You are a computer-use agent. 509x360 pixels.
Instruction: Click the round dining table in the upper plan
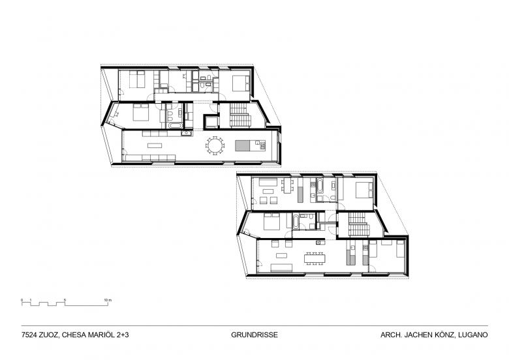pyautogui.click(x=215, y=145)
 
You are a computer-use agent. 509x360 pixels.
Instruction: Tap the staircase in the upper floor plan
pyautogui.click(x=240, y=115)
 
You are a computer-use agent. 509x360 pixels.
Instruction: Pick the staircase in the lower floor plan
pyautogui.click(x=359, y=224)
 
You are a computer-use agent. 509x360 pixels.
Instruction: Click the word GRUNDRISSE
pyautogui.click(x=254, y=335)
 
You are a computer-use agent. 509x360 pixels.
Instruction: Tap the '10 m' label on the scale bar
pyautogui.click(x=108, y=300)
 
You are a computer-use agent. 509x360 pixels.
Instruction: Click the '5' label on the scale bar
pyautogui.click(x=65, y=300)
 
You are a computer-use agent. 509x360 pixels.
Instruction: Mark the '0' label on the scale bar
pyautogui.click(x=22, y=300)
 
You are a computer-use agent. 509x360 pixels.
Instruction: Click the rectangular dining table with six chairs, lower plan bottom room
pyautogui.click(x=315, y=258)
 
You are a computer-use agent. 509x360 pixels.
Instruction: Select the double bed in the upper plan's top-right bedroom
pyautogui.click(x=241, y=83)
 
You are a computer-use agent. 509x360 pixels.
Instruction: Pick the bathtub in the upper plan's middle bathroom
pyautogui.click(x=174, y=125)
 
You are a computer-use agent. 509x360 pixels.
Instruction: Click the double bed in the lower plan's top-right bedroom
pyautogui.click(x=364, y=190)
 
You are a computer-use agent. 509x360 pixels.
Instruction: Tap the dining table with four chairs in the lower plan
pyautogui.click(x=287, y=186)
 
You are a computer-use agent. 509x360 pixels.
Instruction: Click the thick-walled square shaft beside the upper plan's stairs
pyautogui.click(x=211, y=121)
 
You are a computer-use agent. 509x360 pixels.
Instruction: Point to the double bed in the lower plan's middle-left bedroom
pyautogui.click(x=272, y=222)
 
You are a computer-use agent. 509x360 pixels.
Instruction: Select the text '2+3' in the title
pyautogui.click(x=122, y=335)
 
